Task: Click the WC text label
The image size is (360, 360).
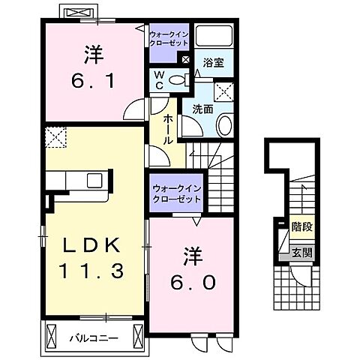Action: [160, 79]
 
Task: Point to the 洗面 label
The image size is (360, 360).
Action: [202, 109]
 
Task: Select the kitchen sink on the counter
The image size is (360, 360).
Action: [96, 180]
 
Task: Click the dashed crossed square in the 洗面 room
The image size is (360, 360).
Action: [223, 92]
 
